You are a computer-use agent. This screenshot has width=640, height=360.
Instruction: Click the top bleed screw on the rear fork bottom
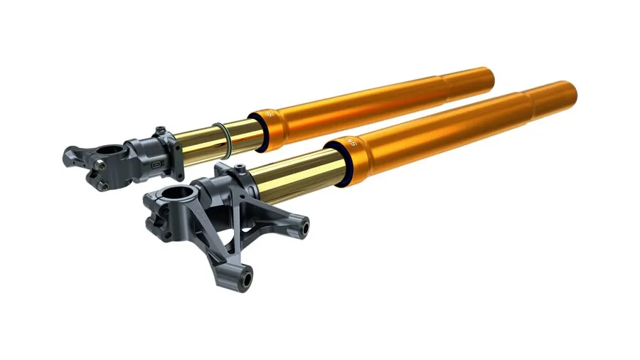click(161, 130)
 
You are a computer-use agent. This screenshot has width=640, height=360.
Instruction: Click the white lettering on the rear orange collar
click(270, 114)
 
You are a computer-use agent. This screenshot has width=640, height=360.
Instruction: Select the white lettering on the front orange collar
click(348, 140)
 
